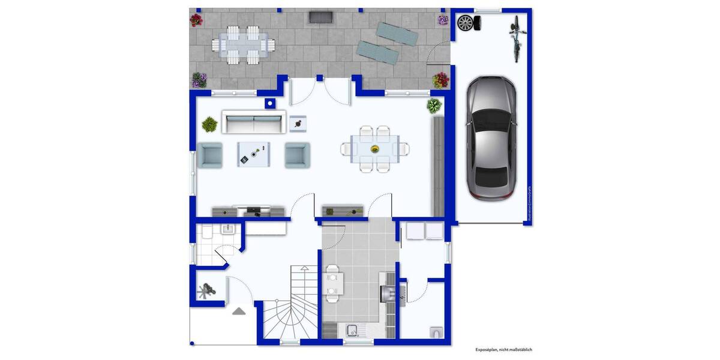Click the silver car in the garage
491,139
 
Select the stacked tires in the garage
468,23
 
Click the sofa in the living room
253,122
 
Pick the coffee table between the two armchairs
253,154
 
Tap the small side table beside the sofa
298,124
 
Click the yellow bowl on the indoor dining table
375,148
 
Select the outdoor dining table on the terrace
243,44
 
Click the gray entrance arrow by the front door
239,311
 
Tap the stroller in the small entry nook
207,292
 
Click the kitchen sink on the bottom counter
352,329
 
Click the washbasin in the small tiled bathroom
228,229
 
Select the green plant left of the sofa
209,124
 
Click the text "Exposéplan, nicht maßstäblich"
503,349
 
